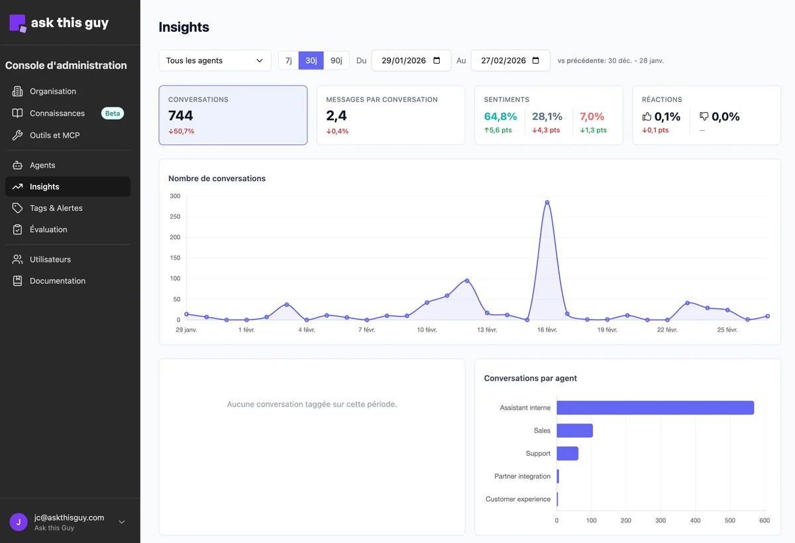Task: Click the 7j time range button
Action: click(289, 60)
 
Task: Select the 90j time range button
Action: click(336, 60)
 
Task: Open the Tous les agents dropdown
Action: click(215, 60)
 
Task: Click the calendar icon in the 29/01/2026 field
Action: click(437, 60)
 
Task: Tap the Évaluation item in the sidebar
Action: click(48, 229)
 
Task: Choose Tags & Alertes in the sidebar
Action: click(56, 208)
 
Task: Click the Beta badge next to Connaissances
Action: click(113, 113)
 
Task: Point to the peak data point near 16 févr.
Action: click(547, 202)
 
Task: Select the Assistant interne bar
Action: click(655, 408)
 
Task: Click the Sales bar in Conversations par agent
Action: click(574, 430)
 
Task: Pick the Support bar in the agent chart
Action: click(568, 453)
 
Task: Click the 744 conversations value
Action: click(181, 116)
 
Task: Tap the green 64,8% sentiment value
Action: click(500, 117)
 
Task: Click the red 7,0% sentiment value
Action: click(592, 117)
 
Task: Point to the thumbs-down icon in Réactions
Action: click(704, 116)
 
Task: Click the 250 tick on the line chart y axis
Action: click(175, 217)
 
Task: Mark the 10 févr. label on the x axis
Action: click(427, 330)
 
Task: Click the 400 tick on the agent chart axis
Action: click(695, 520)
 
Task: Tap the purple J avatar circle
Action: click(19, 522)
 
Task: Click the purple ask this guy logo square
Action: click(18, 23)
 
